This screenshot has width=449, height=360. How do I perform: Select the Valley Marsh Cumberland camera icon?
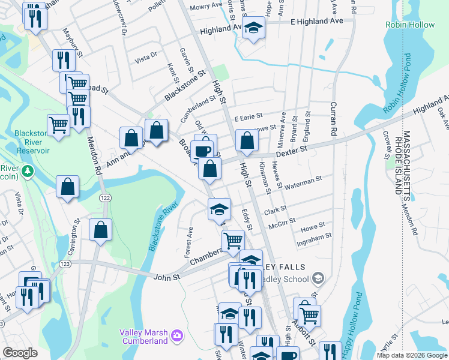(176, 334)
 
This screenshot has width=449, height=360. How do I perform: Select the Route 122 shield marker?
(105, 198)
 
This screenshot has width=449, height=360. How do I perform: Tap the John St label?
(167, 277)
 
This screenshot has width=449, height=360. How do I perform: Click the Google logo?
(20, 353)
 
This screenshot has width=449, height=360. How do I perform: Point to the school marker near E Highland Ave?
(253, 28)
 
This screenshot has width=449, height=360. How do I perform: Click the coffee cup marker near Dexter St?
(203, 150)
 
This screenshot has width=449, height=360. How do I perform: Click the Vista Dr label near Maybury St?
(146, 58)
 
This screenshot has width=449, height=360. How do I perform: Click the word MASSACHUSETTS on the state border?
(406, 162)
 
